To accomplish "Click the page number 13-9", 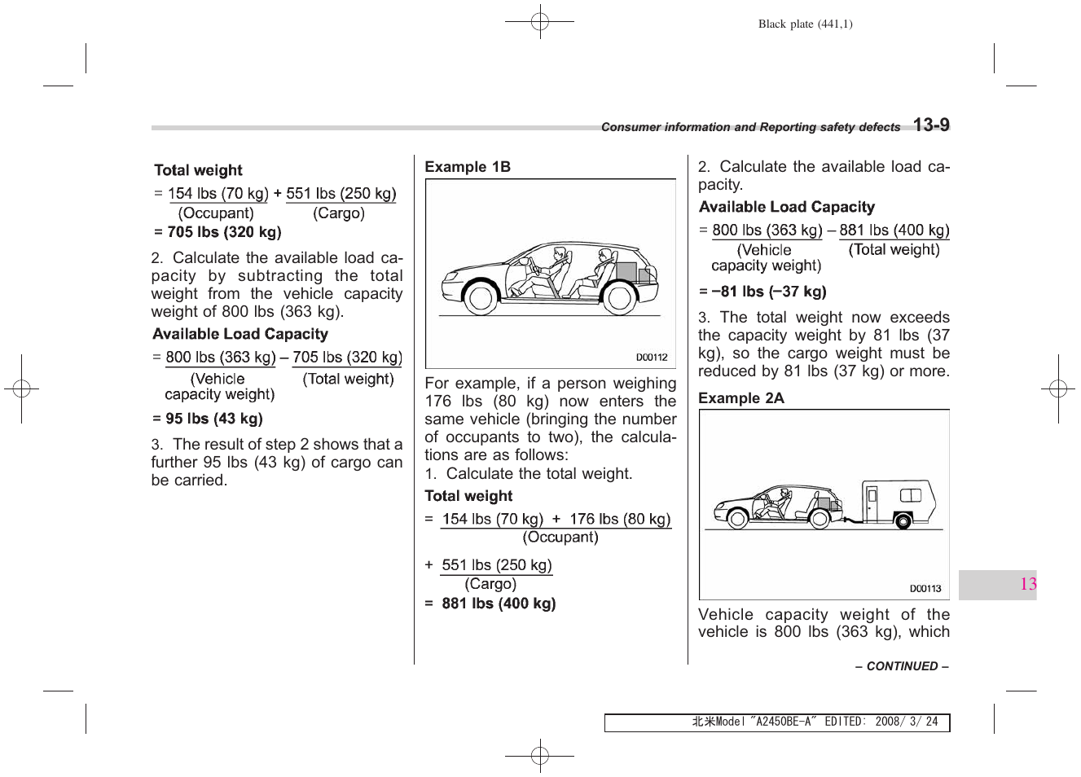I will click(930, 125).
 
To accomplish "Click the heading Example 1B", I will click(468, 167).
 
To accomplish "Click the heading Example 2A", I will click(740, 398).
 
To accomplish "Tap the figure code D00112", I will click(652, 357).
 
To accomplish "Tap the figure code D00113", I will click(925, 588).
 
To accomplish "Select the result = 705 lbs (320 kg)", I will click(218, 232).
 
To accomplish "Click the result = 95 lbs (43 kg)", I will click(208, 419).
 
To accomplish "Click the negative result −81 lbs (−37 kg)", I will click(762, 292).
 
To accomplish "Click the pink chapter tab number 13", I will click(1027, 584).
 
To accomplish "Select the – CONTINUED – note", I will click(901, 666).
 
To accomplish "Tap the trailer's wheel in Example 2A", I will click(903, 520).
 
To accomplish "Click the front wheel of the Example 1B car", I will click(480, 299).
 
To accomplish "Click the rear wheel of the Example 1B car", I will click(618, 299).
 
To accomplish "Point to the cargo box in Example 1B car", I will click(626, 271).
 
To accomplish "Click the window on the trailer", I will click(910, 495).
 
